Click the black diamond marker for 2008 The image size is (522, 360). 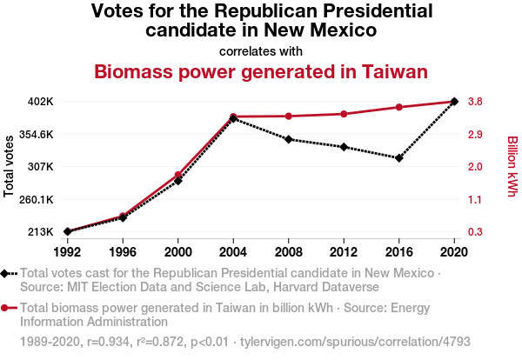click(289, 139)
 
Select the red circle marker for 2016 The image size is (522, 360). click(399, 107)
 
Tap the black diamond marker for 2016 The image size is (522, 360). click(399, 158)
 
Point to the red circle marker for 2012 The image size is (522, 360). click(344, 114)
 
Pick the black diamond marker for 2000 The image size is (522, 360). click(178, 181)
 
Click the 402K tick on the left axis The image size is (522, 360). click(41, 102)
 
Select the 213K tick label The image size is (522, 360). click(41, 232)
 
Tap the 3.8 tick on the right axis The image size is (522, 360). click(476, 102)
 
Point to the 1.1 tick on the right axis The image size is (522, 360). click(476, 199)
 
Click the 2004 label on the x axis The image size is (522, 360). click(233, 252)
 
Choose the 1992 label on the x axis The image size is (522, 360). click(67, 252)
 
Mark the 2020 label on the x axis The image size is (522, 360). click(454, 252)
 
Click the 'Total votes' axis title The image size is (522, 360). click(10, 166)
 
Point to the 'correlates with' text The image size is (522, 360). click(261, 50)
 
